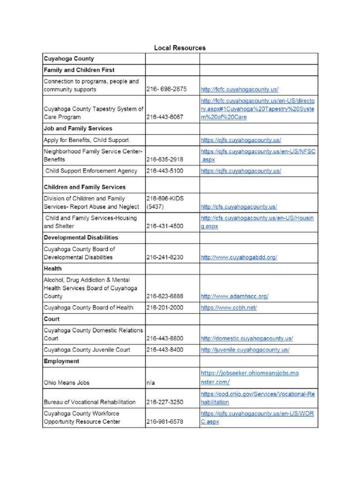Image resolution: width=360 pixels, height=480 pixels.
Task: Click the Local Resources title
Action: pos(180,48)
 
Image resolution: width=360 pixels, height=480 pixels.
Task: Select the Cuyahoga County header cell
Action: pos(69,59)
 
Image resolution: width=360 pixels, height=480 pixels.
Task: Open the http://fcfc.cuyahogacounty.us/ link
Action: pos(240,89)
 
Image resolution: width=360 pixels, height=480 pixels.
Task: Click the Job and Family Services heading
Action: pos(78,128)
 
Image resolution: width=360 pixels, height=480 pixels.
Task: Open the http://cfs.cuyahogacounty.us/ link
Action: pos(239,207)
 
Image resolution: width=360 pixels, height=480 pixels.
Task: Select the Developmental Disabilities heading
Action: pos(81,238)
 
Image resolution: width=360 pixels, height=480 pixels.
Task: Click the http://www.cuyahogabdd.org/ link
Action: pos(239,257)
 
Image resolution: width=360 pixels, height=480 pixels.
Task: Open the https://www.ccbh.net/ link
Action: pos(228,308)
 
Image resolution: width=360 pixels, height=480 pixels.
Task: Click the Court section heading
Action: pos(52,319)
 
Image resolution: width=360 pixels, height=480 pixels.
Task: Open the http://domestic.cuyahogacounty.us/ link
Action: pos(247,338)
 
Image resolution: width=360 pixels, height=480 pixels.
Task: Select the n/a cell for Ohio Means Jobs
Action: pos(150,382)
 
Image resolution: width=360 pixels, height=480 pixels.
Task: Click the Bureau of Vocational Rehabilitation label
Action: pos(90,402)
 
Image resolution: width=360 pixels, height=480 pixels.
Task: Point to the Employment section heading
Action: pos(61,361)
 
